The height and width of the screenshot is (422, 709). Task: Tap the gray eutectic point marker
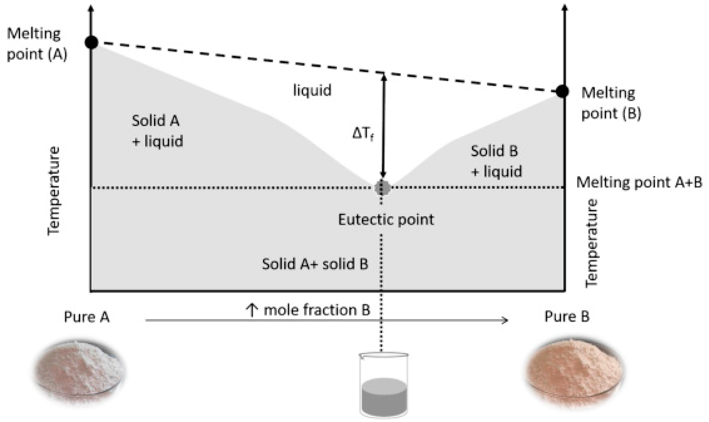pos(382,188)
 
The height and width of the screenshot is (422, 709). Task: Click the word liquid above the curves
pos(312,90)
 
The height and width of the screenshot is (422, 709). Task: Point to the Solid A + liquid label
pos(157,131)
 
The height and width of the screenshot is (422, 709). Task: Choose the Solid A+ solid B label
pos(315,264)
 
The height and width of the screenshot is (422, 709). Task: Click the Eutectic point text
pos(386,220)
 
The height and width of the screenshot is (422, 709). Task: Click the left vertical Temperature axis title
pos(54,191)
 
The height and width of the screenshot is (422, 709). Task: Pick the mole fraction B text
pos(308,310)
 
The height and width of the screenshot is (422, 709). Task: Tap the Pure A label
pos(87,317)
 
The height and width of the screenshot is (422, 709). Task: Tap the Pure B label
pos(567,316)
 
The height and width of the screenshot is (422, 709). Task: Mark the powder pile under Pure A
pos(79,370)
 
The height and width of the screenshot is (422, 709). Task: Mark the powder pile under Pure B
pos(574,370)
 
